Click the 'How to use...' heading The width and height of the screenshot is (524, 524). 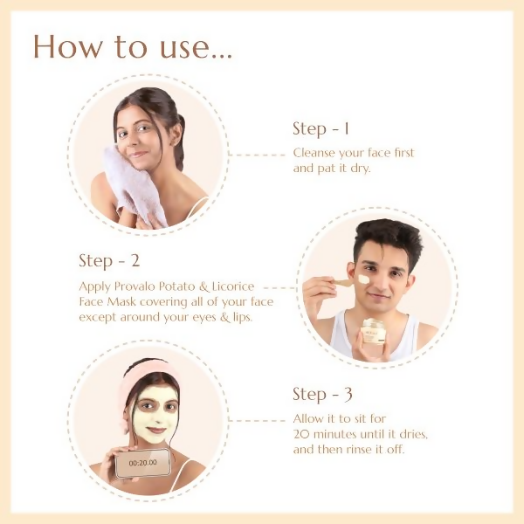point(133,47)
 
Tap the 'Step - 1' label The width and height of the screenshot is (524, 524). point(321,129)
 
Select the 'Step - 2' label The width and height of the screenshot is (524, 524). point(109,261)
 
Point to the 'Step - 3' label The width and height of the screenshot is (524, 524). point(322,395)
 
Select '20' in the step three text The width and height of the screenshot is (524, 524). point(301,434)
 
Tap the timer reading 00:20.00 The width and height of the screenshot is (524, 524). point(142,463)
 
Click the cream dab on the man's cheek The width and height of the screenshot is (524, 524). point(363,279)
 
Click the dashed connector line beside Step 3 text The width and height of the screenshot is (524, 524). point(257,420)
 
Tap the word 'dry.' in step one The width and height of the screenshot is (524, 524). point(361,169)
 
